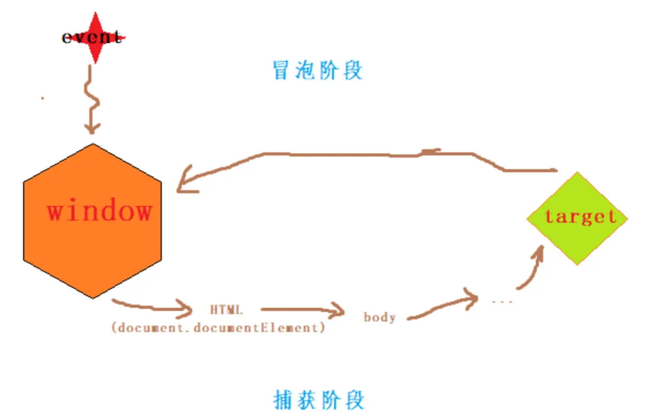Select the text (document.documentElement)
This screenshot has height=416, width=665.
[x=218, y=328]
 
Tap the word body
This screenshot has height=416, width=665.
[x=380, y=317]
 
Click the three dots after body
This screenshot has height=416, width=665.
[x=503, y=302]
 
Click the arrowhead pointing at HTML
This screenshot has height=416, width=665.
[x=187, y=310]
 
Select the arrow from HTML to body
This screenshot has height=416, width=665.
[x=300, y=309]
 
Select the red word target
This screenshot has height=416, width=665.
[x=580, y=216]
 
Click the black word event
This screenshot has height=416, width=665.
[x=92, y=38]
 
